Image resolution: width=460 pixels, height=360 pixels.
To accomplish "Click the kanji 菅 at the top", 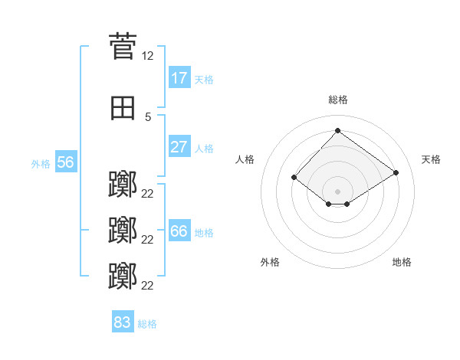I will [123, 46].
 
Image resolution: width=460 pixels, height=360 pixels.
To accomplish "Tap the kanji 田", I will [123, 109].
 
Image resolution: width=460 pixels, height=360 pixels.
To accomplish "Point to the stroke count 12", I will [148, 56].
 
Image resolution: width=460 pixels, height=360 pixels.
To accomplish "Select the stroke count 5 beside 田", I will [148, 117].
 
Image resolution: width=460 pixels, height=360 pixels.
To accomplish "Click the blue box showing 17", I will [179, 78].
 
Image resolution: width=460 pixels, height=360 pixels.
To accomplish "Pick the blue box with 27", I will [179, 147].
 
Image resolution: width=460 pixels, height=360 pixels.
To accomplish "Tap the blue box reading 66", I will [179, 231].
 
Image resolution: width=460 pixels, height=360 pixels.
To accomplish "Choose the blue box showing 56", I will [65, 162].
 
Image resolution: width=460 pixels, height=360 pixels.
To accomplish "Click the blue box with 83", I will [122, 322].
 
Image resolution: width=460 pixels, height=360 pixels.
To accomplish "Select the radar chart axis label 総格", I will [337, 100].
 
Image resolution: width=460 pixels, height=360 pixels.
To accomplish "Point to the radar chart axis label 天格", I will [431, 159].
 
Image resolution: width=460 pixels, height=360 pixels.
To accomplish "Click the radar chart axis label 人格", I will [245, 159].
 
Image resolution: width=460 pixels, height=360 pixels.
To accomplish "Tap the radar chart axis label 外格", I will [270, 262].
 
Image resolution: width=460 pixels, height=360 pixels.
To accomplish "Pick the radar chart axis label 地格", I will [402, 262].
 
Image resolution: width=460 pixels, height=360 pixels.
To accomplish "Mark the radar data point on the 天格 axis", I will [396, 173].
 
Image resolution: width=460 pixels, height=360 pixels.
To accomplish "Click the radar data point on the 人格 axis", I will [294, 178].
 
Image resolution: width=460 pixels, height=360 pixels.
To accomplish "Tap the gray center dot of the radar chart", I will [337, 191].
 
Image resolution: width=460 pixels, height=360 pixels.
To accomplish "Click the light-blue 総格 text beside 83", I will [147, 324].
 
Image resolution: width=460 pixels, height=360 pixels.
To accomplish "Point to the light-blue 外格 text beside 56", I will [40, 163].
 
